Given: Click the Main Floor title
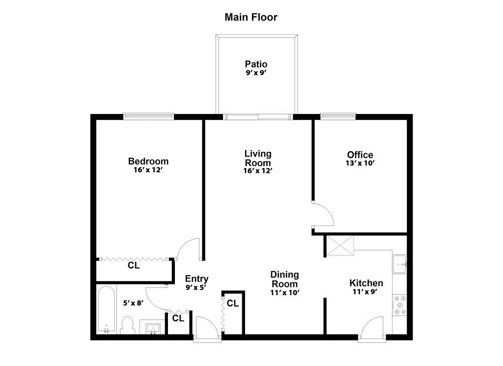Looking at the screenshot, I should [251, 18].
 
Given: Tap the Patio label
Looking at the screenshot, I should [256, 64].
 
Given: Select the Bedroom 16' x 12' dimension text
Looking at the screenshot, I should [148, 170].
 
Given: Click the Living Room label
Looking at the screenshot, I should [258, 158].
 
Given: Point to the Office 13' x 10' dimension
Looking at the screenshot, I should [360, 164].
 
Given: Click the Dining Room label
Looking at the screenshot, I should [284, 279].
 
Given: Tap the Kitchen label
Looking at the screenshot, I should [366, 283].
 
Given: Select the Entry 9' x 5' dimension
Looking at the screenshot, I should [196, 287].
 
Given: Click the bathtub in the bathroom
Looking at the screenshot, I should [106, 310].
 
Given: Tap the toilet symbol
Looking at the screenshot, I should [128, 325].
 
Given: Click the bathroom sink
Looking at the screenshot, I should [154, 328].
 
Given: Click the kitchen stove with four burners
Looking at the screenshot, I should [400, 305].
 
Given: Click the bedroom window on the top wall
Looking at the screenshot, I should [148, 116].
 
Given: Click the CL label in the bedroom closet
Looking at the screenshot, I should [134, 266].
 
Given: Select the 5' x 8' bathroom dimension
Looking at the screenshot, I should [133, 303].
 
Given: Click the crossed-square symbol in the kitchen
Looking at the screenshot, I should [340, 246].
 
